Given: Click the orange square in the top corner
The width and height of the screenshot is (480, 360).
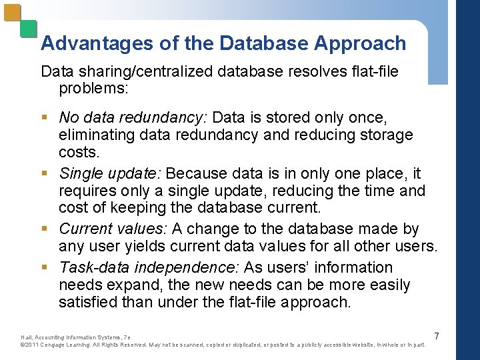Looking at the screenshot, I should [12, 13].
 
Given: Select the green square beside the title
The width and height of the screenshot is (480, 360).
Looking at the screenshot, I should [28, 29].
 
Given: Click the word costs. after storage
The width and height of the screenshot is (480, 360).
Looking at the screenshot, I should [79, 152].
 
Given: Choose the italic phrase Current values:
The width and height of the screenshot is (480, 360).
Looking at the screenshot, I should [113, 229].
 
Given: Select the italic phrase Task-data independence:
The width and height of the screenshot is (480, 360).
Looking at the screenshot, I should [149, 267].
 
